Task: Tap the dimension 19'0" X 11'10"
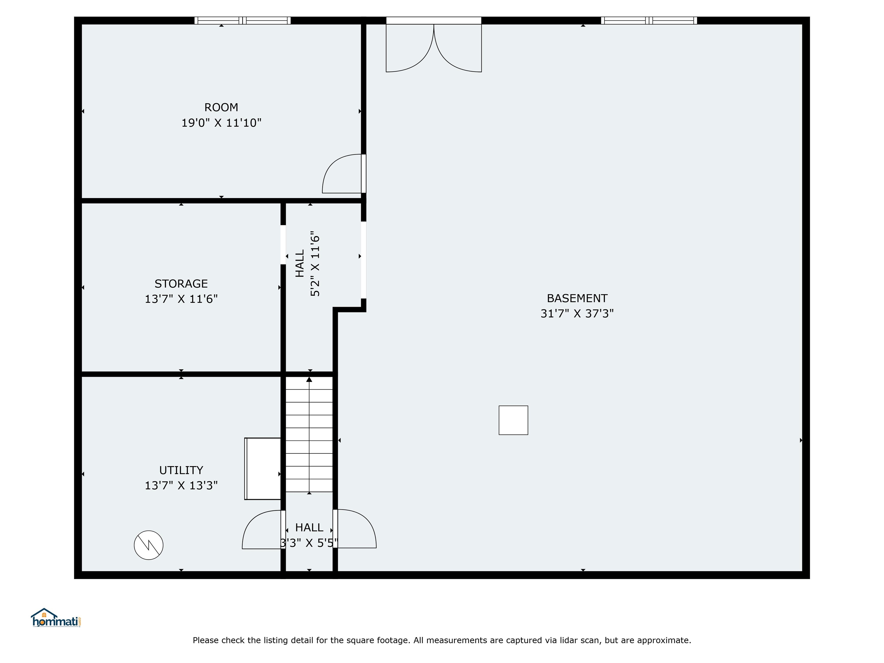[221, 123]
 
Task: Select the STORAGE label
[181, 283]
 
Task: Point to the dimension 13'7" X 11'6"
[181, 299]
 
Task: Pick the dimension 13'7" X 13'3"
[181, 485]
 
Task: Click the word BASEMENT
[577, 298]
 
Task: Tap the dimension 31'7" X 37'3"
[577, 313]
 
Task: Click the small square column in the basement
[513, 420]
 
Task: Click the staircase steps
[309, 435]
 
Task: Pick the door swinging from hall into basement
[355, 528]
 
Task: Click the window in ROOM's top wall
[243, 20]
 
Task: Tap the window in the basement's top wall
[649, 20]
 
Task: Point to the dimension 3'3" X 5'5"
[309, 543]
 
